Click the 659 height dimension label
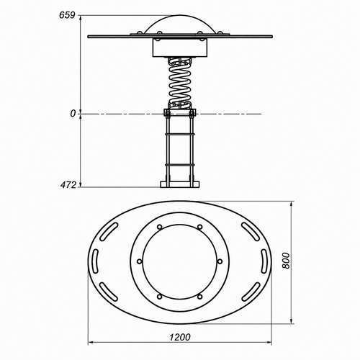pos(67,15)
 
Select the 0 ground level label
pos(73,114)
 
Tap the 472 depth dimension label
pos(68,185)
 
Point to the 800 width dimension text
pos(286,261)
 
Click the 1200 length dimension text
pos(180,337)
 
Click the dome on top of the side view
pos(180,24)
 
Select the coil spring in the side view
pos(180,83)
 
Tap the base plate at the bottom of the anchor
pos(180,184)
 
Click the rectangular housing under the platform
pos(180,48)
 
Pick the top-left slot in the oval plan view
pos(109,232)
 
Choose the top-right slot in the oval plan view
pos(251,232)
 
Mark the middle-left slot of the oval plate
pos(95,261)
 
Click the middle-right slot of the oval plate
pos(264,261)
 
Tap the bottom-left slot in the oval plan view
pos(109,292)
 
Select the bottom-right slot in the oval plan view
pos(251,292)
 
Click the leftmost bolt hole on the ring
pos(140,261)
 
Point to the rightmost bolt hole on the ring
pos(220,261)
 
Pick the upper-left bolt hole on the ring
pos(159,227)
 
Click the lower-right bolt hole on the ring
pos(199,297)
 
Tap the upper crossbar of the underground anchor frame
pos(180,134)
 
